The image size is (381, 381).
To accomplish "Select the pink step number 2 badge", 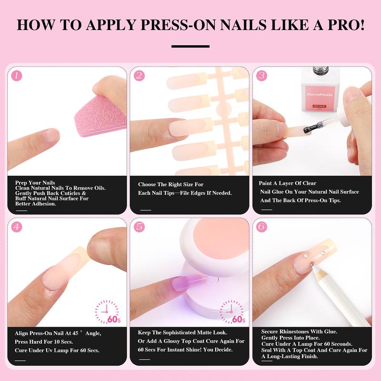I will (139, 75).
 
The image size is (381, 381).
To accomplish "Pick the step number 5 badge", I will (139, 227).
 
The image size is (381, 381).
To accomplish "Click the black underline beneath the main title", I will (190, 46).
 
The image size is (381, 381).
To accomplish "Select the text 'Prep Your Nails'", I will (35, 183).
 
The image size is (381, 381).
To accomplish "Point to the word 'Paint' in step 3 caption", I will (266, 183).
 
